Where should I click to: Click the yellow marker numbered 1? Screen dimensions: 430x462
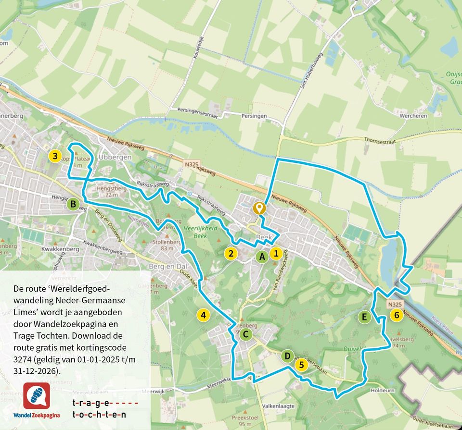click(276, 253)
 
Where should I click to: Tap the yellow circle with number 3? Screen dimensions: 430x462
click(55, 156)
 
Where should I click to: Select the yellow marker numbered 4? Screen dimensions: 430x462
click(204, 315)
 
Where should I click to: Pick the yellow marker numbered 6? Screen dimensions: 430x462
click(397, 315)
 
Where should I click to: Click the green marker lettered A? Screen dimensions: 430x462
click(262, 257)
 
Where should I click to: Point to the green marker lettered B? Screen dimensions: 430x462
click(73, 204)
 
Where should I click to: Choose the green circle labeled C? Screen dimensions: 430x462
click(245, 334)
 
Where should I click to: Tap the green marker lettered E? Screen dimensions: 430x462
click(364, 317)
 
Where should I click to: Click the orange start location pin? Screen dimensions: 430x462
click(259, 208)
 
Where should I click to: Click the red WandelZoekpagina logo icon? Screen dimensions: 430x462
click(37, 395)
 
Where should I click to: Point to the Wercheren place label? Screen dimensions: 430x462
click(413, 116)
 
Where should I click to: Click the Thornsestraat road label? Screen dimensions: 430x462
click(380, 141)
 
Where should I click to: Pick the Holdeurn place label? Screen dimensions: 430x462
click(383, 391)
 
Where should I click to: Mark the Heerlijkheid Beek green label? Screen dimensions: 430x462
click(200, 232)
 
